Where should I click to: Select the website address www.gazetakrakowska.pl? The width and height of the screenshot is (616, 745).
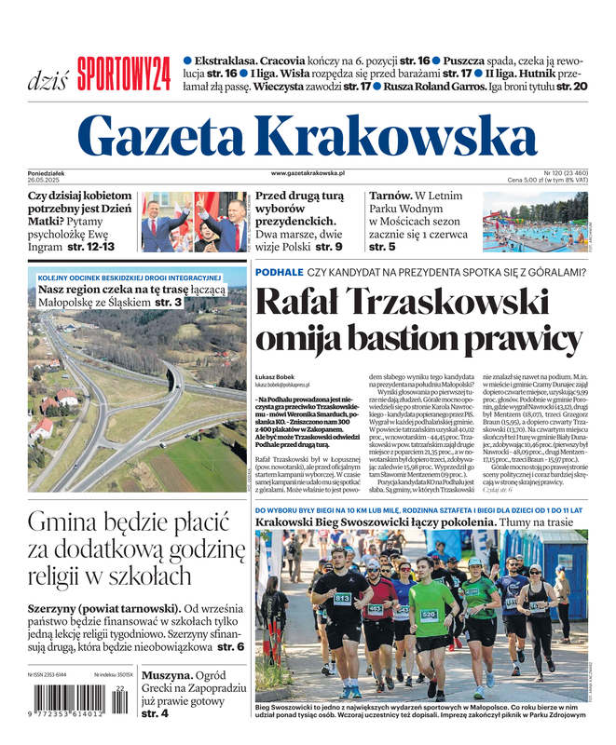308,173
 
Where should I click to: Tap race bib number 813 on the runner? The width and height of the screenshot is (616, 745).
342,597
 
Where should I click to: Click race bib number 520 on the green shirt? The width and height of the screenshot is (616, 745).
429,615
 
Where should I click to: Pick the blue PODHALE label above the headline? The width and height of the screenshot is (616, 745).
279,272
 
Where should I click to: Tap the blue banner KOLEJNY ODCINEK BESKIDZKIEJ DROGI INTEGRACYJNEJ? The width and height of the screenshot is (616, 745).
129,278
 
